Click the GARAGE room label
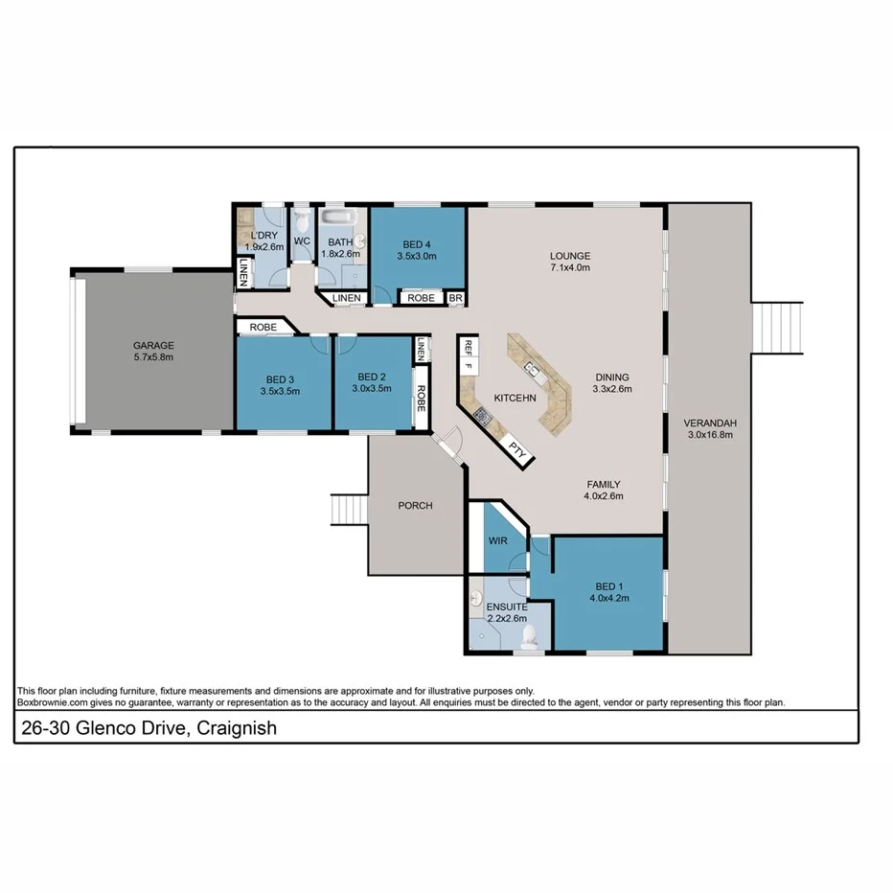pos(152,346)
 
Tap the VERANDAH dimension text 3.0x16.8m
pos(709,434)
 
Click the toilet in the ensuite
pos(528,634)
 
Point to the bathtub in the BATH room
pos(338,218)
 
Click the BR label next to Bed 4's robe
pos(456,298)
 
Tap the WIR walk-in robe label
pos(497,541)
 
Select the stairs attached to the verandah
pos(778,328)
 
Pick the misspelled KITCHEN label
pos(515,397)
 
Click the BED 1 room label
pos(608,587)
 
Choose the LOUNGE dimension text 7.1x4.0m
pos(570,268)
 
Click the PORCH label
pos(416,505)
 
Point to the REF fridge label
pos(469,347)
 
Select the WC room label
pos(302,240)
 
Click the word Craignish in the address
pos(238,728)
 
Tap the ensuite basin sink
pos(476,600)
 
